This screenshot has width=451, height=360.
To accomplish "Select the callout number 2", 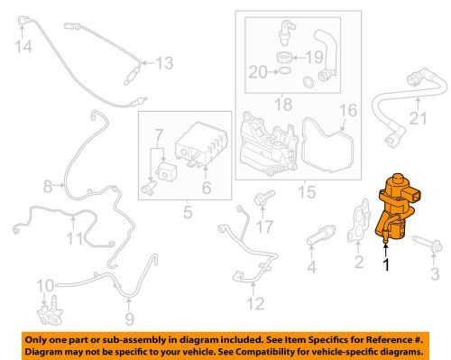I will [359, 263].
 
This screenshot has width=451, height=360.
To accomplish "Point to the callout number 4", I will [312, 268].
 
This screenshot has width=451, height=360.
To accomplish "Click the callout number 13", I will [163, 62].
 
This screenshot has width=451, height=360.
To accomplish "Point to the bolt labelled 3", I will [423, 244].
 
